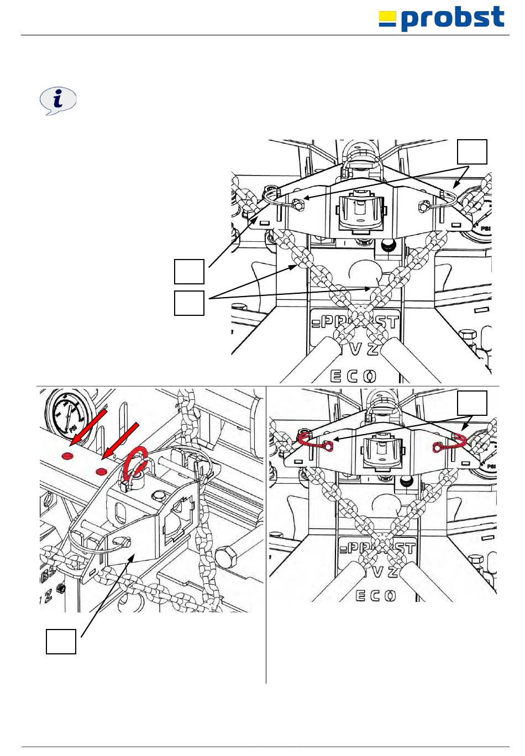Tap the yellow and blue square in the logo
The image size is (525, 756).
point(387,19)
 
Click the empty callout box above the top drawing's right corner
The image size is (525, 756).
point(473,152)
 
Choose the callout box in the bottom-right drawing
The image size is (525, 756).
point(473,403)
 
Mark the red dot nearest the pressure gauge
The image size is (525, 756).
point(68,456)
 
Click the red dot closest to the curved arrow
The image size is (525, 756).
point(101,471)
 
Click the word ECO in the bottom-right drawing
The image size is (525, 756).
point(376,596)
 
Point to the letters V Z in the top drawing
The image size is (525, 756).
point(364,349)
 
